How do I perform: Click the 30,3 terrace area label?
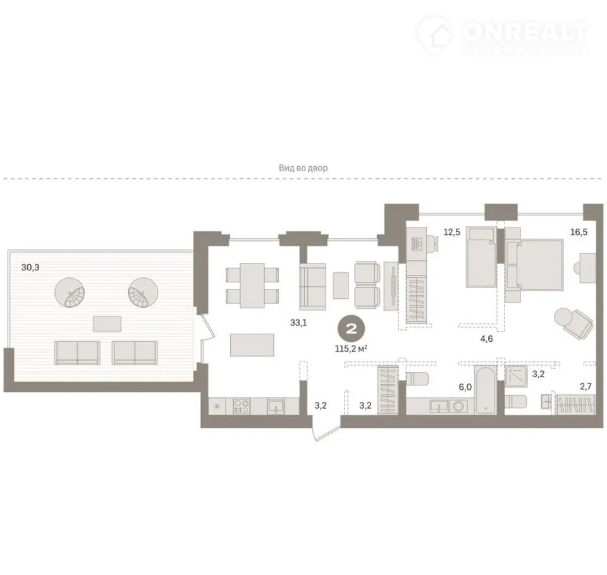pos(30,267)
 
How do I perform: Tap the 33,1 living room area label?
pos(298,322)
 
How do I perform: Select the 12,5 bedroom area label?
pos(451,232)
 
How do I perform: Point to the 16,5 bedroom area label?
pos(579,232)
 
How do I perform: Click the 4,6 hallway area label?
pos(486,339)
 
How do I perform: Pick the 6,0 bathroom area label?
pos(465,387)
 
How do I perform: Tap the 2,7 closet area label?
pos(586,387)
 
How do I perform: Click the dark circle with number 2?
pos(352,329)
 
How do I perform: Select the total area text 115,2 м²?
pos(351,349)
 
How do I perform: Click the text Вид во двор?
pos(303,168)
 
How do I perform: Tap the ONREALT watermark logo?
pos(503,35)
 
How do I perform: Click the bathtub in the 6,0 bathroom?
pos(486,391)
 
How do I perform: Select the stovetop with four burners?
pos(242,406)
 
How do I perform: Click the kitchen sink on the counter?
pos(275,406)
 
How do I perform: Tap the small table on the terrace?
pos(107,324)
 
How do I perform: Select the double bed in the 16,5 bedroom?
pos(534,265)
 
